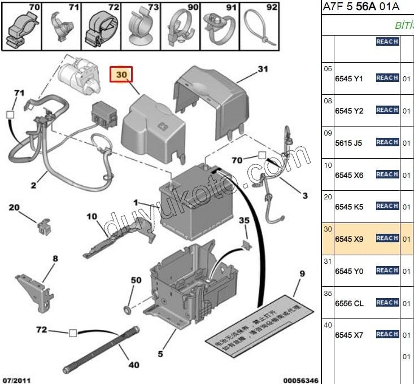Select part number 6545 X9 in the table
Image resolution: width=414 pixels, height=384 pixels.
pos(349,239)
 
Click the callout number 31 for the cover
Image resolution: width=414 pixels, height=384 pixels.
pos(262,70)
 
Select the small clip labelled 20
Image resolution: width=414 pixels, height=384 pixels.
pos(42,226)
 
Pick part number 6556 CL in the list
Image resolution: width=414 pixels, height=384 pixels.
pos(349,303)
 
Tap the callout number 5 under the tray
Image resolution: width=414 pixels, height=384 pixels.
pos(160,354)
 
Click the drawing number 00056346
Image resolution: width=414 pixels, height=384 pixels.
pos(301,379)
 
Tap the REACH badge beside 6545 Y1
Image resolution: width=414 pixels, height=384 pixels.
pos(387,78)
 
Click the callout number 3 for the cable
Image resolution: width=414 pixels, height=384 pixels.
pos(305,196)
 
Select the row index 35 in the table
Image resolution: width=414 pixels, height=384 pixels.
pos(328,293)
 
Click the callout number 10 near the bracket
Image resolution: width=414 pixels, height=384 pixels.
pos(92,217)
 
